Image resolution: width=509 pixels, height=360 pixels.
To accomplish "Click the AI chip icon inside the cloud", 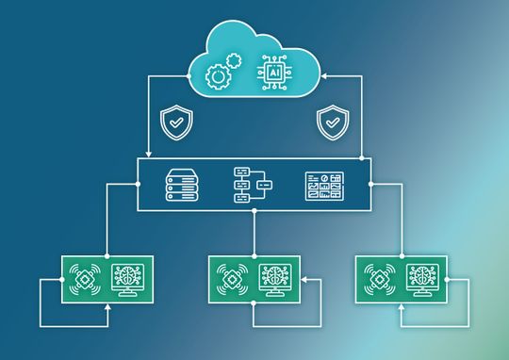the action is [274, 72].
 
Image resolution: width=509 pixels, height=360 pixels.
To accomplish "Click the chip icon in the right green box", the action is [382, 279].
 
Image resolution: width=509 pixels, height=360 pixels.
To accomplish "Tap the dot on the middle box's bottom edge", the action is [254, 210].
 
